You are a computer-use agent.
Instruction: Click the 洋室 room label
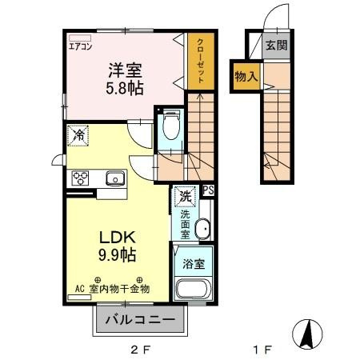point(126,70)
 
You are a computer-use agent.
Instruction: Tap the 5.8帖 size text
point(126,88)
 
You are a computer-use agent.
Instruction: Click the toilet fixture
point(170,124)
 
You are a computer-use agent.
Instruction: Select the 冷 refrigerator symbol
point(78,135)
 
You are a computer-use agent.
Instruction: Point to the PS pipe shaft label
point(207,190)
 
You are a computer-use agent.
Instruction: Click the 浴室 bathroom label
point(191,261)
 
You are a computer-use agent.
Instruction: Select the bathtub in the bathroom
point(191,290)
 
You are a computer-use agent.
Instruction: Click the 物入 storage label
point(244,78)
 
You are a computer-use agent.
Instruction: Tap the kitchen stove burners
point(81,178)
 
